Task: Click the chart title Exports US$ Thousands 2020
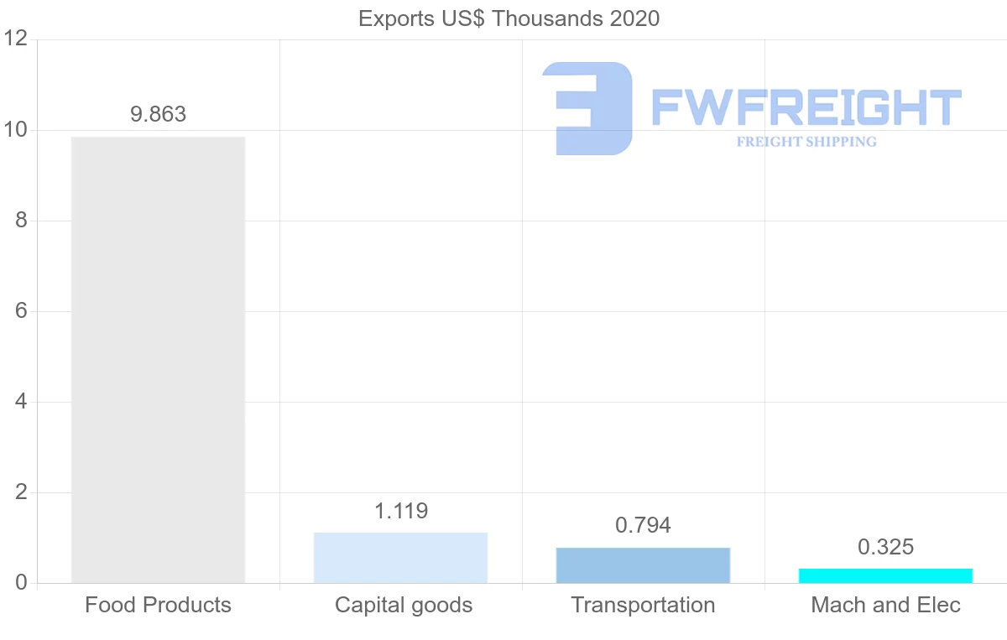[x=509, y=18]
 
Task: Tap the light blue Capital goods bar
[x=400, y=558]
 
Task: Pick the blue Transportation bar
[x=643, y=565]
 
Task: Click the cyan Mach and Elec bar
[x=885, y=576]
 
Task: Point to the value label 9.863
[x=158, y=115]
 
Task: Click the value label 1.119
[x=400, y=511]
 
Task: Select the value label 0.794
[x=643, y=526]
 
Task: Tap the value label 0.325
[x=885, y=548]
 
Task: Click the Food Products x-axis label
[x=158, y=605]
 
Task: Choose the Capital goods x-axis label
[x=404, y=605]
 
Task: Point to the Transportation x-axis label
[x=643, y=605]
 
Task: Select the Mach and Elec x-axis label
[x=885, y=605]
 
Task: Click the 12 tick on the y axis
[x=16, y=39]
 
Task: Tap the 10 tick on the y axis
[x=16, y=130]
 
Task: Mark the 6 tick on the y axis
[x=21, y=311]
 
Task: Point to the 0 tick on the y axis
[x=21, y=583]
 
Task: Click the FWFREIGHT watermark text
[x=806, y=108]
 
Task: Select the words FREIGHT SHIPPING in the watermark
[x=806, y=142]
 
